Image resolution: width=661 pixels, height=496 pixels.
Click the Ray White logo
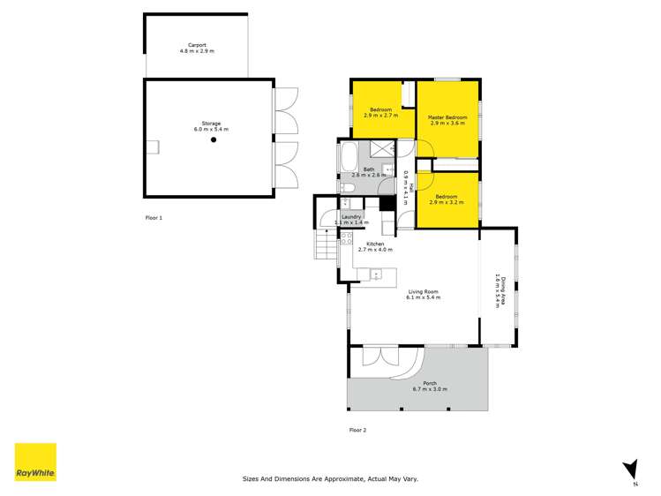(35, 462)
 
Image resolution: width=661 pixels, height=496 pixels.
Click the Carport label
(197, 46)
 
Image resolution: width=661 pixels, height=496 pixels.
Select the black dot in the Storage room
(213, 139)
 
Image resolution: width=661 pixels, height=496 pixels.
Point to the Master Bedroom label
(447, 117)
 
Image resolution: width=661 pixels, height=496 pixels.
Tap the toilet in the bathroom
(345, 187)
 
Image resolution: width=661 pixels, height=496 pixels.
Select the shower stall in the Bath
(382, 149)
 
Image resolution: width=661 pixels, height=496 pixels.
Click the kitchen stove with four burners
(347, 237)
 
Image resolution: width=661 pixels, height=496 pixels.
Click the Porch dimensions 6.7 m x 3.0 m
(430, 389)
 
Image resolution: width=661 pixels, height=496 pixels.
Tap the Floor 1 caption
(154, 216)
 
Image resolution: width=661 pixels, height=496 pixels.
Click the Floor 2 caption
(357, 430)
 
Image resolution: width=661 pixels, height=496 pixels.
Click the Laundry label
(352, 216)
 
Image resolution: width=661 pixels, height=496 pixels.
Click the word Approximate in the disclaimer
(327, 478)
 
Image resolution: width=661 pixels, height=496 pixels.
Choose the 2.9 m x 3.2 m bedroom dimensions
(445, 203)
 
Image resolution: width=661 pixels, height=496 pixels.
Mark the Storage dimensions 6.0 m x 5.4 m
(212, 130)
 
